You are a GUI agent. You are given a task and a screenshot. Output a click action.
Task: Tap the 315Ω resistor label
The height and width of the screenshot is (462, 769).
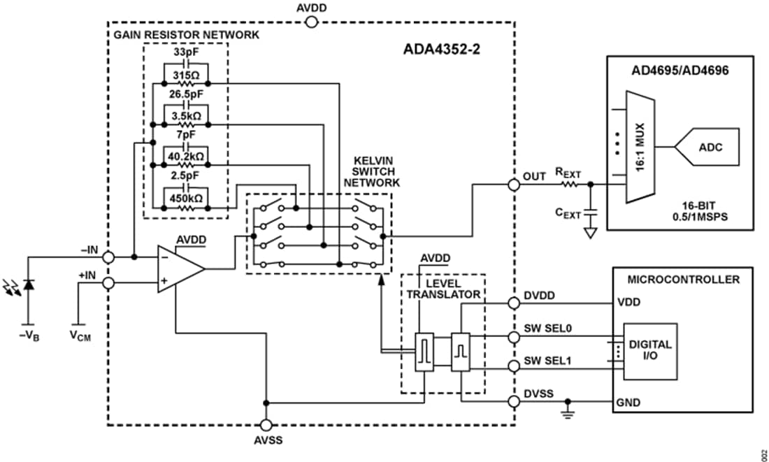(x=185, y=75)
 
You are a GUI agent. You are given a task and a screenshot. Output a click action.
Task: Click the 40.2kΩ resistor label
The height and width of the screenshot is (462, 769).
(x=185, y=157)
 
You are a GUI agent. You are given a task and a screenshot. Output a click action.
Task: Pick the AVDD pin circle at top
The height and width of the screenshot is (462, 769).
(x=312, y=22)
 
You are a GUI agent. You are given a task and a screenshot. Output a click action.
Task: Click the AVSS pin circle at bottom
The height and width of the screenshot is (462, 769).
(x=266, y=425)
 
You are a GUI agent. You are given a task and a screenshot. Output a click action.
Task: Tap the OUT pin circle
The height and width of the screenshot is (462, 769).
(x=514, y=185)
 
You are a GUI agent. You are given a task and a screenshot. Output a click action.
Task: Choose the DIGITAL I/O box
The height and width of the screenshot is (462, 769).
(x=650, y=351)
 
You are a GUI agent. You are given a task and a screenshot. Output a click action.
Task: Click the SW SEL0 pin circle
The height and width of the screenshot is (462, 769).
(x=514, y=337)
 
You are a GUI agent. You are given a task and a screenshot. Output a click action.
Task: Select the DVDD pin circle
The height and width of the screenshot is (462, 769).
(x=514, y=303)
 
